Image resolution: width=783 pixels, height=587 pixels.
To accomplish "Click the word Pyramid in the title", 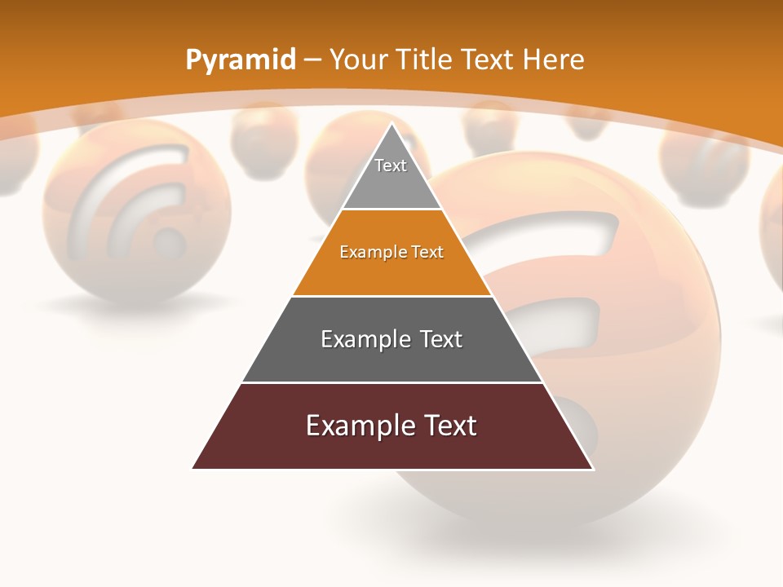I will (240, 60).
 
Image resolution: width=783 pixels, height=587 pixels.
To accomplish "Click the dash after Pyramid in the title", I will (312, 60).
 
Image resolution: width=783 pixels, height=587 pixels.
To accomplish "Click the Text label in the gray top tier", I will (390, 166).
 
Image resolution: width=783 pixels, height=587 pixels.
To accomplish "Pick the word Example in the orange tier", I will (369, 252).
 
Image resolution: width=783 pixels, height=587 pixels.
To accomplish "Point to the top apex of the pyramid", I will (391, 125).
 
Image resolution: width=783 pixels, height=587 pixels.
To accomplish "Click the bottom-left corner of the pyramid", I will (194, 468).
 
